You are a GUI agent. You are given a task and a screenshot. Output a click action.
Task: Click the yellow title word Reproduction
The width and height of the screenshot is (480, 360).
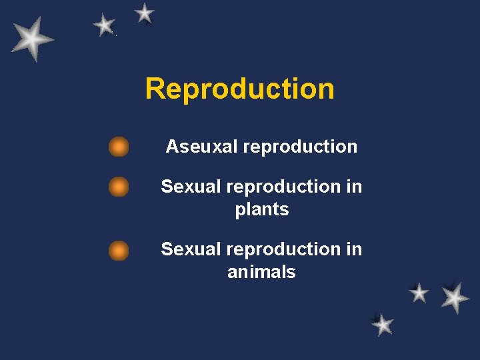[x=239, y=89]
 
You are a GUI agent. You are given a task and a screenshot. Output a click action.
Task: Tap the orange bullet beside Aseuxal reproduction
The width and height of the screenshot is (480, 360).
[x=119, y=147]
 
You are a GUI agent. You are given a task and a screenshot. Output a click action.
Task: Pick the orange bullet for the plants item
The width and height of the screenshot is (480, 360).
[x=119, y=187]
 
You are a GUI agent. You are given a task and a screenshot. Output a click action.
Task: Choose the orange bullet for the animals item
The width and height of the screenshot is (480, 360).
[x=119, y=251]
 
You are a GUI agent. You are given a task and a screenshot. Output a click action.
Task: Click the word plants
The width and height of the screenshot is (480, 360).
[x=261, y=209]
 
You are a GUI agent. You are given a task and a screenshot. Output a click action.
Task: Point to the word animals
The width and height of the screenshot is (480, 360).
[x=261, y=272]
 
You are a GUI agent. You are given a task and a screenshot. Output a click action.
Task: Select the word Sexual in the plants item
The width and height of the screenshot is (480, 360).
[x=191, y=187]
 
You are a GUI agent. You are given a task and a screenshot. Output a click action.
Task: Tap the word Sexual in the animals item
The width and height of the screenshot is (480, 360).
[x=191, y=249]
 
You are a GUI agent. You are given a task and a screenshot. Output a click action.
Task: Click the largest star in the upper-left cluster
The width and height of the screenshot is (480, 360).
[x=31, y=39]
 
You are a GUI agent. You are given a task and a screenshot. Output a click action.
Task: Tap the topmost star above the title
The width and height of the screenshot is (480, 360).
[x=144, y=13]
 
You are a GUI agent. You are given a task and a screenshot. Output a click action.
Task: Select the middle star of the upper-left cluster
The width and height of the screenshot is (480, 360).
[x=104, y=25]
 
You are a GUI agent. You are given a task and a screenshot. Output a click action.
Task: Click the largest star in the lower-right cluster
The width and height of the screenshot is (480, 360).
[x=455, y=297]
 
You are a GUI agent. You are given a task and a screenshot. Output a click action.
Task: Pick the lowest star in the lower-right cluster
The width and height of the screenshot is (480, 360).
[x=382, y=325]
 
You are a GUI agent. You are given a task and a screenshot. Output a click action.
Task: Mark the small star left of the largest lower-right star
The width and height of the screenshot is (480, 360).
[x=419, y=292]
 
